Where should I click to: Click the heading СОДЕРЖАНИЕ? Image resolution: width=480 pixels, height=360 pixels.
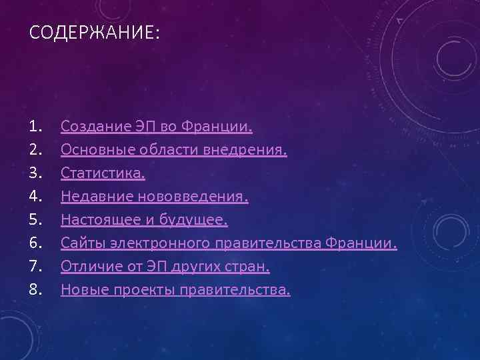94,33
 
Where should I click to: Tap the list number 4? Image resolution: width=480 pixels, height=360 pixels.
35,197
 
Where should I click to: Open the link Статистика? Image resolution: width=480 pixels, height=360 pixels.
103,173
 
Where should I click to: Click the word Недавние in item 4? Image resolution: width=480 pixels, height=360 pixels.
90,197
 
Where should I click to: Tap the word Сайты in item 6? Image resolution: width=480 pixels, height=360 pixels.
79,243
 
